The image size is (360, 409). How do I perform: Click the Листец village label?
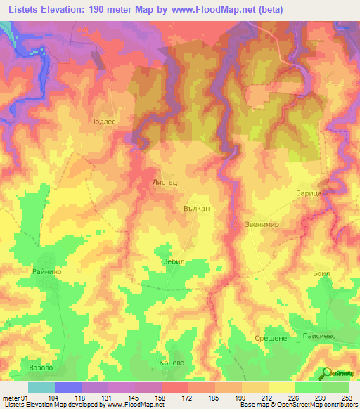pyautogui.click(x=164, y=181)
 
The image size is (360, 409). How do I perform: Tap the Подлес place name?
pyautogui.click(x=103, y=121)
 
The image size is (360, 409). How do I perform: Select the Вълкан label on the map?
pyautogui.click(x=196, y=209)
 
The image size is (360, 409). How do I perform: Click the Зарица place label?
pyautogui.click(x=309, y=191)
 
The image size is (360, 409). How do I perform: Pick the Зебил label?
pyautogui.click(x=172, y=260)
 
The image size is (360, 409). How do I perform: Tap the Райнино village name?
pyautogui.click(x=45, y=271)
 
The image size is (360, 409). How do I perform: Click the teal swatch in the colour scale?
pyautogui.click(x=41, y=387)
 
